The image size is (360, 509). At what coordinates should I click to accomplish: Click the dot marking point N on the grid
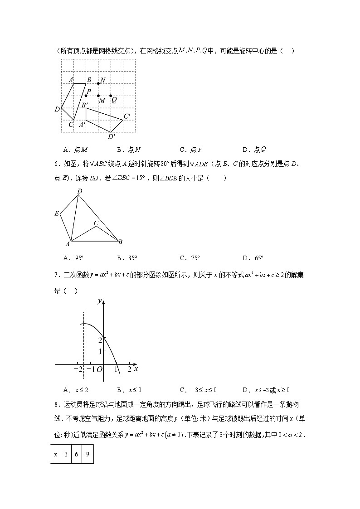pos(98,83)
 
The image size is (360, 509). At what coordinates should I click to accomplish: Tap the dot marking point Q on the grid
pos(111,96)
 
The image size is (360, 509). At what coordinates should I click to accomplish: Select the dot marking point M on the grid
pos(98,96)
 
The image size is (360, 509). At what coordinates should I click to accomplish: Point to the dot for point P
pos(86,95)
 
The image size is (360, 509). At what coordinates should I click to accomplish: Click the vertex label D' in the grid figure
pos(112,136)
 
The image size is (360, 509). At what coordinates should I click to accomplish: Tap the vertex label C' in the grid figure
pos(127,116)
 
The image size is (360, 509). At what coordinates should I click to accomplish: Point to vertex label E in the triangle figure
pos(57,213)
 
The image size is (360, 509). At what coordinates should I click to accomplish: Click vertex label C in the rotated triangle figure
pos(96,223)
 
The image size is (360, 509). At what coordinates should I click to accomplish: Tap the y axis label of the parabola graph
pos(99,301)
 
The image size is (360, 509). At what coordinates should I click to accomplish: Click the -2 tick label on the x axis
pos(78,369)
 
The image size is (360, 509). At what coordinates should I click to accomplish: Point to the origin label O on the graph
pos(99,370)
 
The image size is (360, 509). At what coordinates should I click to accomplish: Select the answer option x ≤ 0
pos(129,390)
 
